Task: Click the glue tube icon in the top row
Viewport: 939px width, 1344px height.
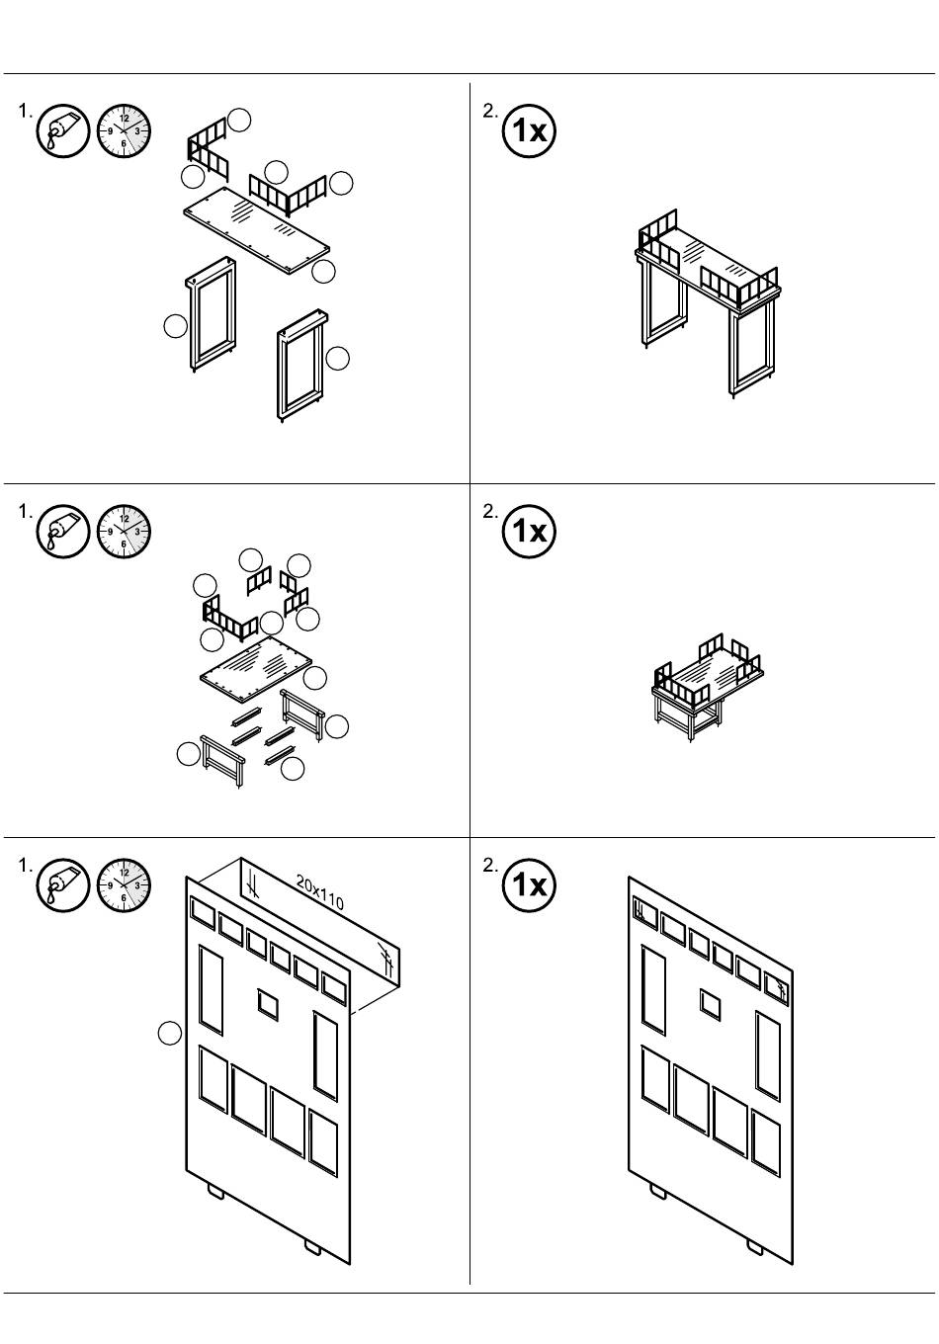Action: coord(63,130)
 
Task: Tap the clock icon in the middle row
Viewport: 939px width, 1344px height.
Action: coord(124,532)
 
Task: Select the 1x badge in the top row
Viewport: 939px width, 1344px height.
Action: coord(529,130)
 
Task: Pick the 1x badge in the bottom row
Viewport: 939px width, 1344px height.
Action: coord(529,884)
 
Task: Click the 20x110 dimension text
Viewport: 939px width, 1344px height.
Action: coord(320,891)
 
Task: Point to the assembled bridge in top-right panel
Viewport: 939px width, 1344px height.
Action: coord(708,303)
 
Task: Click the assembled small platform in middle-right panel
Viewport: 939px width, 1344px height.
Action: coord(708,687)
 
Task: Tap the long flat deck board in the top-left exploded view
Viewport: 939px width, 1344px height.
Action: coord(256,230)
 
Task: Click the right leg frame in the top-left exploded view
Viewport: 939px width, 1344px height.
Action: coord(302,366)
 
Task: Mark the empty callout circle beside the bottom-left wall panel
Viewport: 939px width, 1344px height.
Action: coord(170,1034)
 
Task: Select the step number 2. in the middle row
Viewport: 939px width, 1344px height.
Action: coord(490,511)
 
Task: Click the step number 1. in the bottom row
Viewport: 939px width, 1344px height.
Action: coord(25,866)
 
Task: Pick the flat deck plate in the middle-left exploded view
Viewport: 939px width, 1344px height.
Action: coord(256,670)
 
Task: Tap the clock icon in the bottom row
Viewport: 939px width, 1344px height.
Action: coord(124,884)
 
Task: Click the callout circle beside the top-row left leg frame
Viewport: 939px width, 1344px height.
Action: coord(175,326)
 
